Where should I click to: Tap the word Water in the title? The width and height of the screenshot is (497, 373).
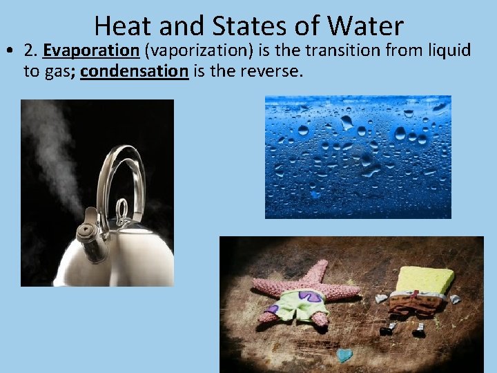click(x=366, y=26)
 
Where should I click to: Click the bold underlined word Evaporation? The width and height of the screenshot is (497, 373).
click(x=90, y=50)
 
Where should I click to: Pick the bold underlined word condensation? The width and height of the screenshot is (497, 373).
click(x=135, y=71)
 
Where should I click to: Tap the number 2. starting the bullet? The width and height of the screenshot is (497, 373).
click(x=30, y=50)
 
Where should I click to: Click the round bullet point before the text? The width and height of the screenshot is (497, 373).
click(x=10, y=51)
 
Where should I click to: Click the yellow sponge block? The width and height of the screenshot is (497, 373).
click(x=426, y=280)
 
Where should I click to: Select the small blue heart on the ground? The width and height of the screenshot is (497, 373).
click(x=344, y=355)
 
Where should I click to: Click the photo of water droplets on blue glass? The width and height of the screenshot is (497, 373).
click(x=358, y=157)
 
